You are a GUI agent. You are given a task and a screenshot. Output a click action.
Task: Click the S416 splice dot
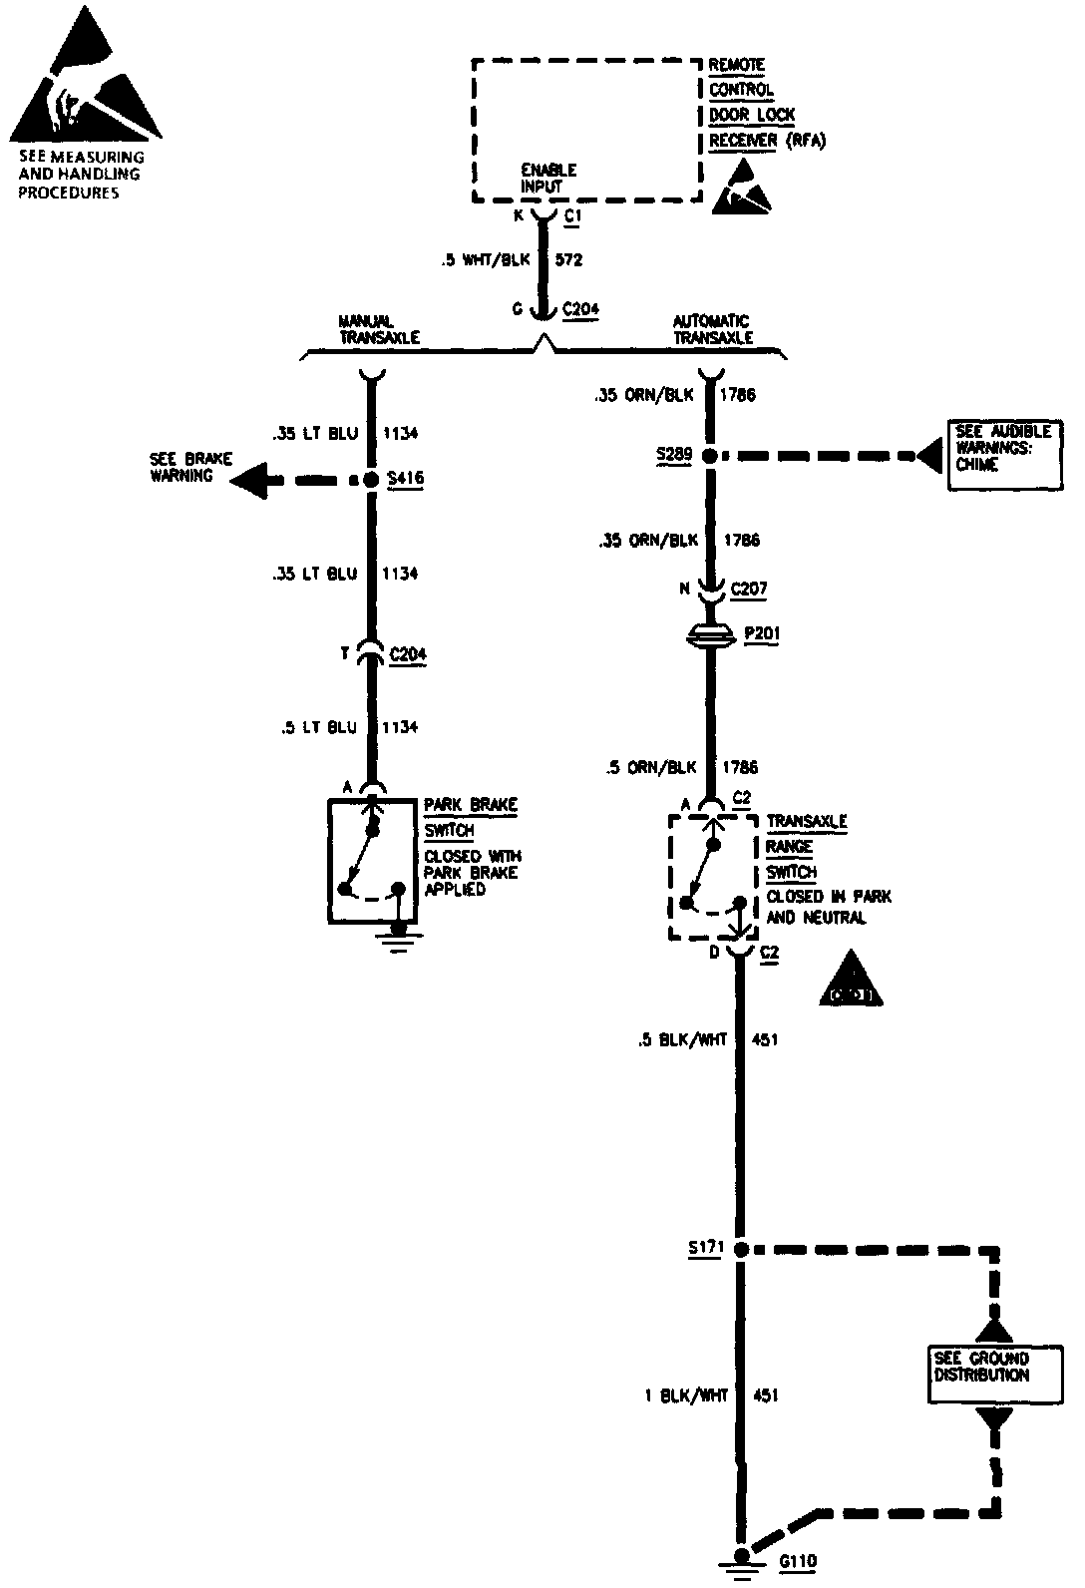(x=370, y=480)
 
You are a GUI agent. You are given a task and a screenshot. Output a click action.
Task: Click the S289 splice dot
(x=709, y=457)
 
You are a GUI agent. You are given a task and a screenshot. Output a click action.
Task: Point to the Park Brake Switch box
(x=371, y=861)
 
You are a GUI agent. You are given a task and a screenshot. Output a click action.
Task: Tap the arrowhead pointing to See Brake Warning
(x=249, y=480)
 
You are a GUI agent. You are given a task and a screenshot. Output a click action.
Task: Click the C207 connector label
(x=749, y=590)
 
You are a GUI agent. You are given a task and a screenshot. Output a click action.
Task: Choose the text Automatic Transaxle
(x=711, y=329)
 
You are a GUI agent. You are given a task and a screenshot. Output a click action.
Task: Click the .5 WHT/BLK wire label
(x=486, y=261)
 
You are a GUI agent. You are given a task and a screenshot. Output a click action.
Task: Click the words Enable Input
(x=547, y=178)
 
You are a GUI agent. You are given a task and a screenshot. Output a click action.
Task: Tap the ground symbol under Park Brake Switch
(x=399, y=941)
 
